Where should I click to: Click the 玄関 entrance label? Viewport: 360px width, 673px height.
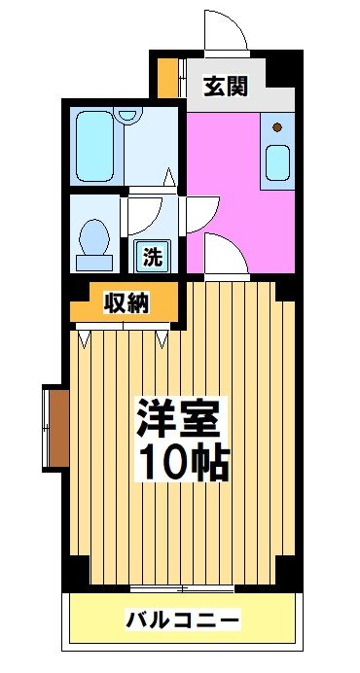pyautogui.click(x=225, y=86)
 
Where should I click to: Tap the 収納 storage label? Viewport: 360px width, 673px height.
pyautogui.click(x=126, y=303)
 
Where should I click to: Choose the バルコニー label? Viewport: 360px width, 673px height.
pyautogui.click(x=182, y=620)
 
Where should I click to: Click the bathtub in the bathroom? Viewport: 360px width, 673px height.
pyautogui.click(x=96, y=146)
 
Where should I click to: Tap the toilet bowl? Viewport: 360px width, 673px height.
pyautogui.click(x=94, y=239)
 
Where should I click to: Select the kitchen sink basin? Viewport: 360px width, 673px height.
pyautogui.click(x=277, y=159)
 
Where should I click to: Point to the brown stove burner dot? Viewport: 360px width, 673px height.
pyautogui.click(x=277, y=126)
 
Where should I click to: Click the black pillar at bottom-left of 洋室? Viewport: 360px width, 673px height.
pyautogui.click(x=74, y=574)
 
